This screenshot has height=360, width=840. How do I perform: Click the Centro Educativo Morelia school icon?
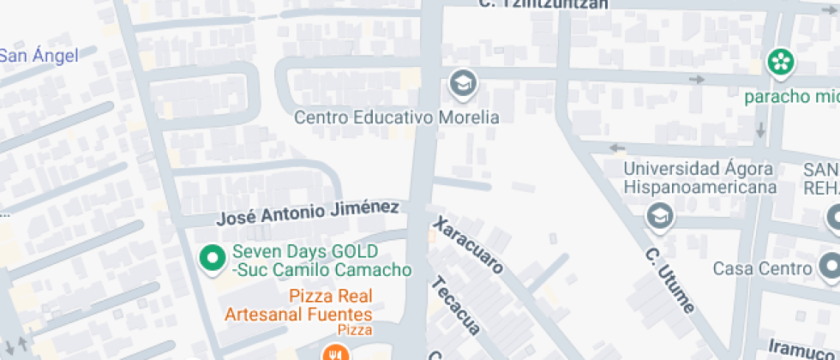[463, 84]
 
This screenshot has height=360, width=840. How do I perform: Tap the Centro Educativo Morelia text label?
[396, 117]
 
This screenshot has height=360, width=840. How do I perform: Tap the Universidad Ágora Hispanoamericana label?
[699, 177]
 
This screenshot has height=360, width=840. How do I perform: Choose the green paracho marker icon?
[780, 62]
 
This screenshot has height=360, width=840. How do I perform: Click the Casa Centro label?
[763, 268]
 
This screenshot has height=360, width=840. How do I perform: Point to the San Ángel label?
[39, 57]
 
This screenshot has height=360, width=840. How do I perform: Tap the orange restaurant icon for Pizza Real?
[333, 353]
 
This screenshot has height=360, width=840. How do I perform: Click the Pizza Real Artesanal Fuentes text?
[298, 305]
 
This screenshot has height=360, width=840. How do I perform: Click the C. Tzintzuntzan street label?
[543, 3]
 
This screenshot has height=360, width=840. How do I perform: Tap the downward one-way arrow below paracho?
[760, 130]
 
